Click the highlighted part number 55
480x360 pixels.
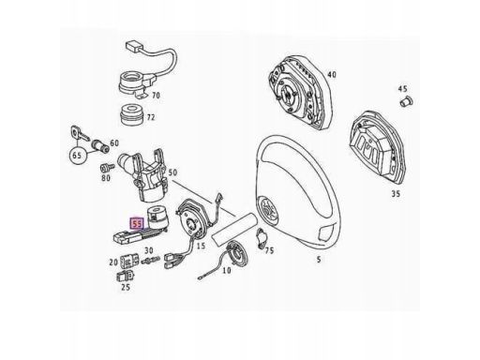click(138, 223)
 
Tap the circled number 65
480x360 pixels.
click(77, 155)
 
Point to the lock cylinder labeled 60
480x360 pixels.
click(100, 146)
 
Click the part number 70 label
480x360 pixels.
click(156, 95)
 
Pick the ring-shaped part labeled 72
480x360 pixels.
click(132, 114)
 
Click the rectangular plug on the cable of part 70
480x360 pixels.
click(134, 46)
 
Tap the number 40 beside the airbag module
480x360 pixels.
click(332, 75)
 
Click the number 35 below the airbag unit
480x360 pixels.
click(396, 194)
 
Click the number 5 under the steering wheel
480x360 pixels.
click(319, 260)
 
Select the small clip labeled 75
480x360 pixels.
click(262, 237)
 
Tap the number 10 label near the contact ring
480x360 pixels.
click(227, 270)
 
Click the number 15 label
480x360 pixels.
click(201, 246)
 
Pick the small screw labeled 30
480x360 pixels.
click(150, 260)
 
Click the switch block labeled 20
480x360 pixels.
click(128, 260)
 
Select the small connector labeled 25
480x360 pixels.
click(126, 276)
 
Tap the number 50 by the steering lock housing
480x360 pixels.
click(172, 172)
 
